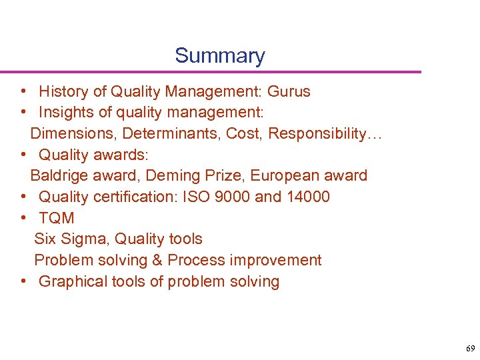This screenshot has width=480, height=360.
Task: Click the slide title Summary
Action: click(x=220, y=55)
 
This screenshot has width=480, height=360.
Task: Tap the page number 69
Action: click(x=471, y=349)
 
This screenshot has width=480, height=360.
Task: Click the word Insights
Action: click(x=63, y=113)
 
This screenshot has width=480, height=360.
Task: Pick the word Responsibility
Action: click(x=317, y=133)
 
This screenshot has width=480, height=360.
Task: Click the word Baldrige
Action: click(x=58, y=175)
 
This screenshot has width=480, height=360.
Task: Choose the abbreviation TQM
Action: click(x=57, y=218)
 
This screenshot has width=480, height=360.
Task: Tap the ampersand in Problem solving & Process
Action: click(x=158, y=260)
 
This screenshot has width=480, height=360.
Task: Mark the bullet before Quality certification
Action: click(x=23, y=197)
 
